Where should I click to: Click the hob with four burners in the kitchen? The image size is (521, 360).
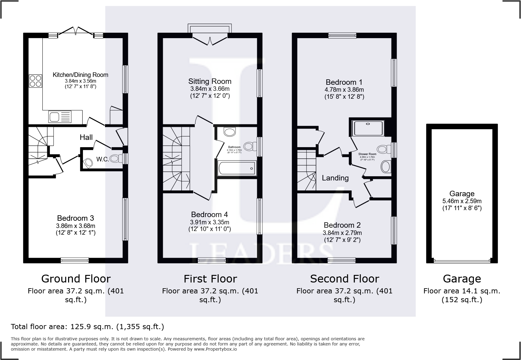point(36,81)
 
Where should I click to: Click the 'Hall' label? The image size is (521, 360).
point(86,137)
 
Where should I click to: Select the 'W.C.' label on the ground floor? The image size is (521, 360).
point(103,159)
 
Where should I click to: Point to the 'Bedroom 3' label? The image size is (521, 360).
point(75,218)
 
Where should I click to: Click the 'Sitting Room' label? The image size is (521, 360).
point(210,81)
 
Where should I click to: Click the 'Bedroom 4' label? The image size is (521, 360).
point(209,214)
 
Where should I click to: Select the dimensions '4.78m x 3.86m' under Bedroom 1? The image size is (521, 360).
point(345,90)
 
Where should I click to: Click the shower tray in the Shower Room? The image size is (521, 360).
point(369,128)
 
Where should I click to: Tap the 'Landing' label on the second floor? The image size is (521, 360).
point(335,178)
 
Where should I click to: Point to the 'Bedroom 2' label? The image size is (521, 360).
point(342,225)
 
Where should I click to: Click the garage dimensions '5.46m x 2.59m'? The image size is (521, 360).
point(462,201)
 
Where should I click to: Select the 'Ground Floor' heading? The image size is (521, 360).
point(76,279)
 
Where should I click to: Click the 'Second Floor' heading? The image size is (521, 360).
point(344,279)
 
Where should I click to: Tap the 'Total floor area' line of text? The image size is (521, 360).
point(87,327)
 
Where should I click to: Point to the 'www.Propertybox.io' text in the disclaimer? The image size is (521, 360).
point(215,349)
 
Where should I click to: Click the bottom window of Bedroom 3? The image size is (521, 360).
point(75,260)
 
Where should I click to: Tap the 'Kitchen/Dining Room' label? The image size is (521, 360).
point(80,75)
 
